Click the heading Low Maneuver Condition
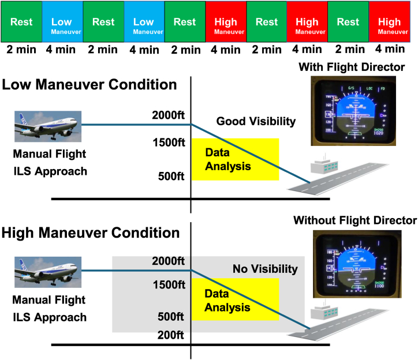click(89, 85)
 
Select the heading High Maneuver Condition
click(91, 234)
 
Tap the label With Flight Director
click(352, 68)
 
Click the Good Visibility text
click(256, 122)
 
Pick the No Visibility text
click(265, 269)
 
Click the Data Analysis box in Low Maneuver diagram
click(236, 160)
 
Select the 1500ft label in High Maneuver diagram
click(168, 285)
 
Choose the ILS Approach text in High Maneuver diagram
click(50, 317)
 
